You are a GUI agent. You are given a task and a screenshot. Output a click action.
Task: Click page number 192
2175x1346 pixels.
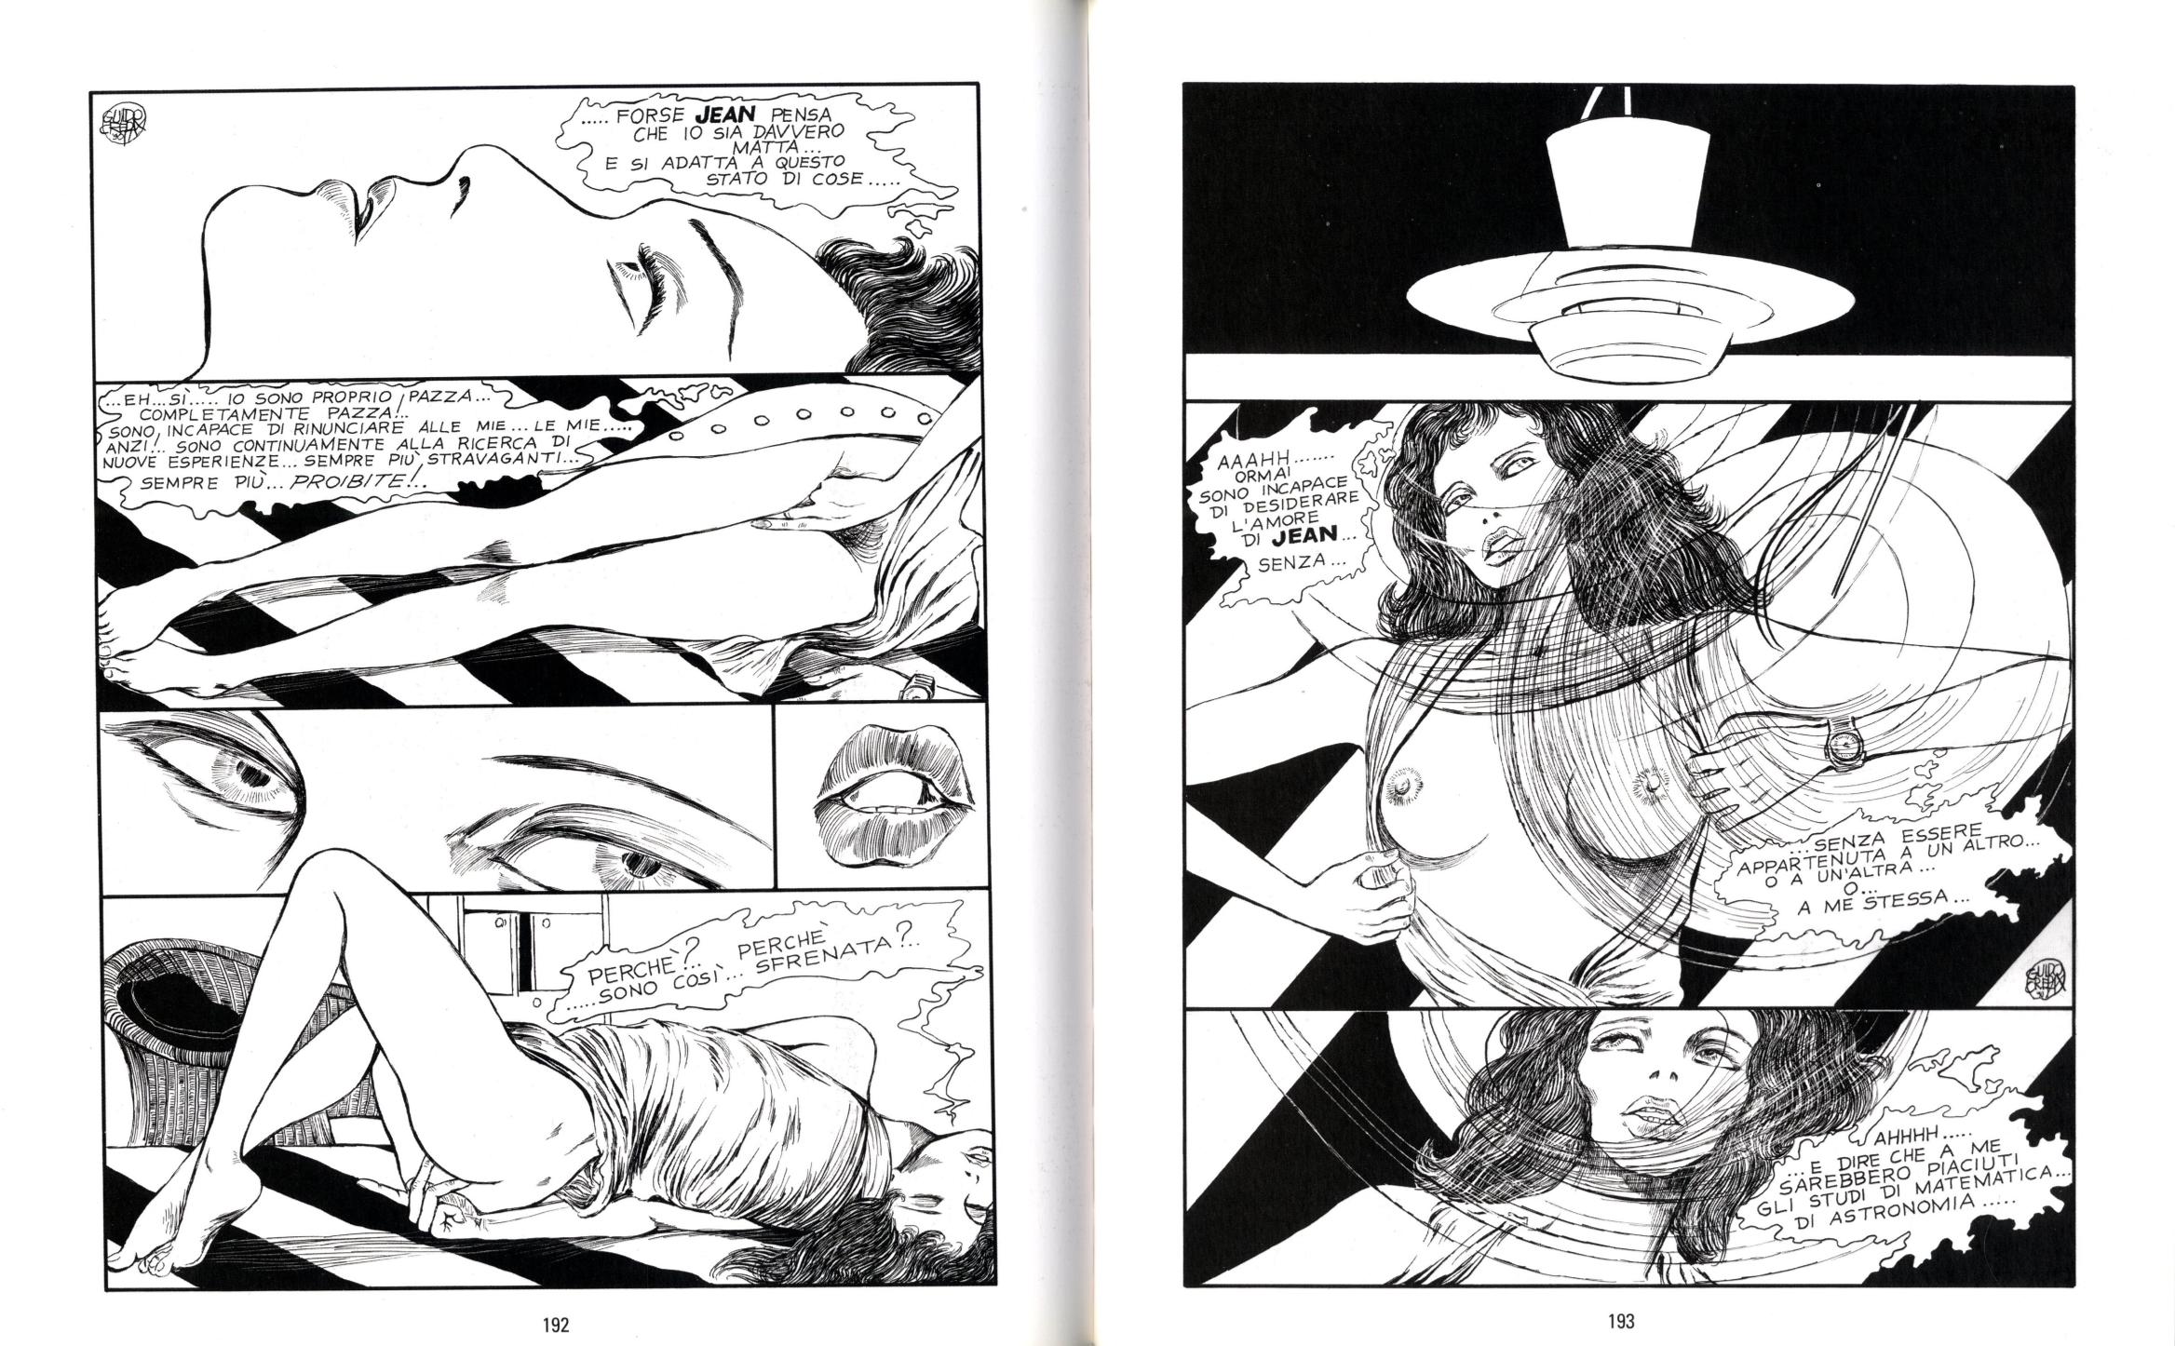pyautogui.click(x=554, y=1322)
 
